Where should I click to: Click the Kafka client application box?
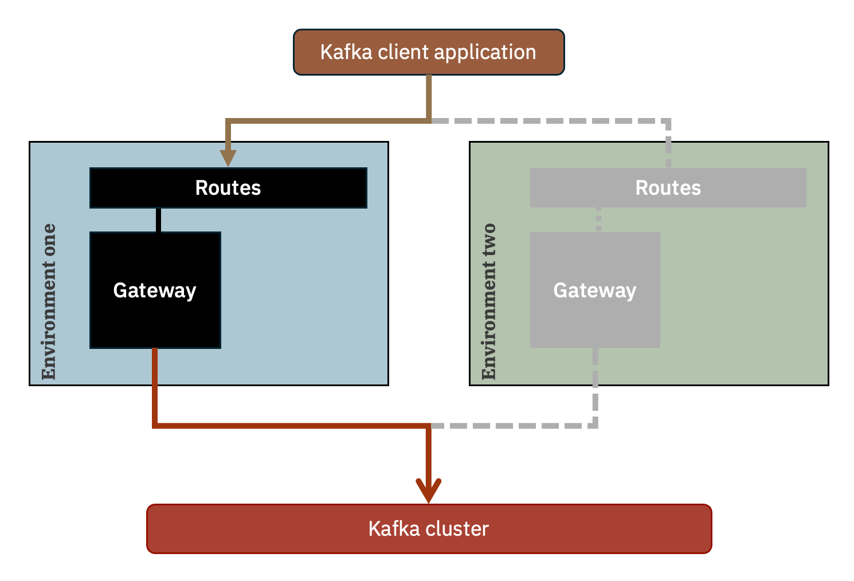coord(429,52)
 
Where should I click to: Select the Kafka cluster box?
coord(429,529)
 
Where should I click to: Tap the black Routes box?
coord(228,188)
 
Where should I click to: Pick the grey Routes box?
coord(668,188)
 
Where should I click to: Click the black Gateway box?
coord(155,290)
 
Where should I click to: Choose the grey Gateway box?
coord(595,290)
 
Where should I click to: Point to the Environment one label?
coord(49,301)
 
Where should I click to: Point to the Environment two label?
coord(489,301)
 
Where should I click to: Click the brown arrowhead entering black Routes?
coord(228,158)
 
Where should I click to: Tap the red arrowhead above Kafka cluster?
coord(429,491)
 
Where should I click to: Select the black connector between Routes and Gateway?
coord(158,220)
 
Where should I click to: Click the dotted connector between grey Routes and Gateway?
coord(598,219)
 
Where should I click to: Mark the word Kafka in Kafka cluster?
coord(393,529)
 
